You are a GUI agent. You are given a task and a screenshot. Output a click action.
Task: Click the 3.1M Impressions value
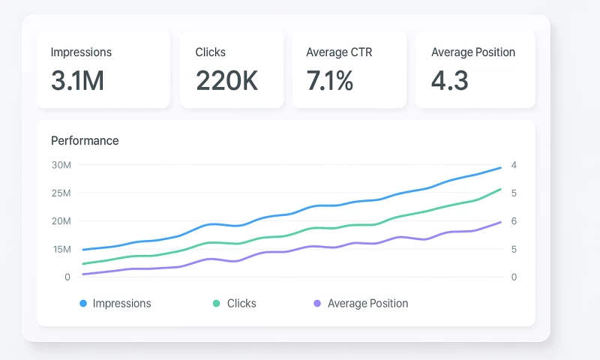(77, 80)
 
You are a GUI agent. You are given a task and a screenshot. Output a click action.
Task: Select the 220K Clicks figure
(226, 80)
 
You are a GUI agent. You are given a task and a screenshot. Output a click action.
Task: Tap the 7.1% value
(329, 80)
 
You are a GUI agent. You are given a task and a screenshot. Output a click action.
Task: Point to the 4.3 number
(450, 80)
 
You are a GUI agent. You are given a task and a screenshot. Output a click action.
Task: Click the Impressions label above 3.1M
(81, 52)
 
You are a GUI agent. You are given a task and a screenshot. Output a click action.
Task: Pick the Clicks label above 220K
(210, 52)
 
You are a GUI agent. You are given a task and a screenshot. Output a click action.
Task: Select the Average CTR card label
(339, 52)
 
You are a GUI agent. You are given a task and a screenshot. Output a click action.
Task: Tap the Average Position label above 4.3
(473, 52)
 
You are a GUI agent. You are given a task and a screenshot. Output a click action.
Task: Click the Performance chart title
(85, 140)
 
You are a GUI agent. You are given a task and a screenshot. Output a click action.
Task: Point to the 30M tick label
(61, 165)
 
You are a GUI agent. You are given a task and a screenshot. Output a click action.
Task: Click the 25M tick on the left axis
(61, 193)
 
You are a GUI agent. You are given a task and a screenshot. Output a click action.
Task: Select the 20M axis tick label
(61, 221)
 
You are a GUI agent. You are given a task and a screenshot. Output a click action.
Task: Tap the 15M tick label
(61, 249)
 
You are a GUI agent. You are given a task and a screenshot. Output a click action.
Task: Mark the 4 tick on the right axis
(514, 165)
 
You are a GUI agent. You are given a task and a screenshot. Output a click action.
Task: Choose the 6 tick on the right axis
(514, 221)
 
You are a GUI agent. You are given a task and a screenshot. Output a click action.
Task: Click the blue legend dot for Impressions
(83, 304)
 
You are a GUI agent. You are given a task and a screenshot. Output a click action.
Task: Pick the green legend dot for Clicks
(217, 304)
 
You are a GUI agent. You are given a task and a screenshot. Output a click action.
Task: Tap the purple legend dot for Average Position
(317, 304)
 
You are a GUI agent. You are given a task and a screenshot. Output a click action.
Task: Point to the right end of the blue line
(501, 167)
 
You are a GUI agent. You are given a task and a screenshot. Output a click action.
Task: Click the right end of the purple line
(501, 222)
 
